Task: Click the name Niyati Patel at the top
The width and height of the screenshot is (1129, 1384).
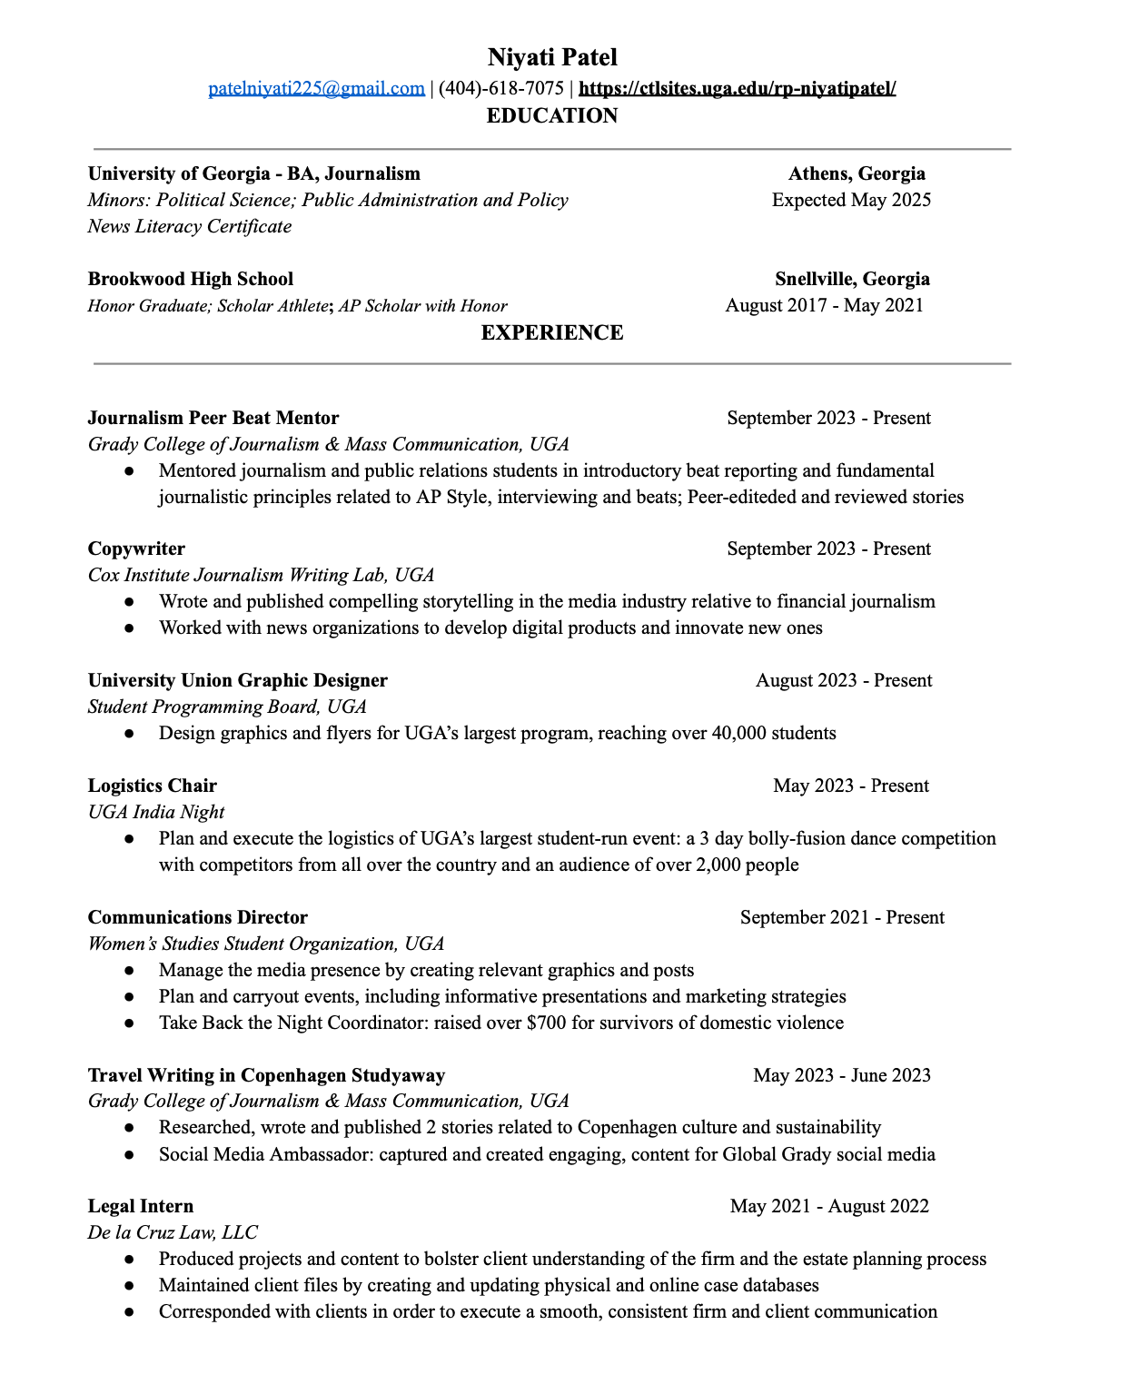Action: point(552,57)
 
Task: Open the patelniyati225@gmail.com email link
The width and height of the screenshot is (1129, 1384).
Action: point(316,88)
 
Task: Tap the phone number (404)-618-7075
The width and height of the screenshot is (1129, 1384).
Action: point(501,88)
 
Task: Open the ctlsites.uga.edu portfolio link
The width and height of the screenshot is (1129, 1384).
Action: point(737,88)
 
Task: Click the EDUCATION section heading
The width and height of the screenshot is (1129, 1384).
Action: point(552,115)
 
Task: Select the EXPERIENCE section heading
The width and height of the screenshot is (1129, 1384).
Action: point(552,332)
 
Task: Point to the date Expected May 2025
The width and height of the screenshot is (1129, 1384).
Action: point(851,200)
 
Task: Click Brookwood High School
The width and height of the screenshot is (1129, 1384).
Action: point(191,279)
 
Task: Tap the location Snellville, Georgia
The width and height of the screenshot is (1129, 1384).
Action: point(852,279)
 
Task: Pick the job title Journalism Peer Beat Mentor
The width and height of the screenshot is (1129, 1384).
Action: point(213,418)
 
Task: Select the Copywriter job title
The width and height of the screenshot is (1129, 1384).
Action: point(136,549)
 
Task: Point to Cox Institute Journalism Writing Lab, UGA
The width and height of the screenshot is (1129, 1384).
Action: point(261,575)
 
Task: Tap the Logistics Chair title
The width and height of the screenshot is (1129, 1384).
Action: point(153,786)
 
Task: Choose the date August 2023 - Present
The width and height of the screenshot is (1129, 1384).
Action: point(844,680)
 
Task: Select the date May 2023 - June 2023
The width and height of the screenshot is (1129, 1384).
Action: point(842,1075)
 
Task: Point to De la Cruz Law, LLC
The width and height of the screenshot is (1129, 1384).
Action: point(173,1232)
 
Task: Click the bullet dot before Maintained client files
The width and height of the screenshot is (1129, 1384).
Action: point(130,1286)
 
